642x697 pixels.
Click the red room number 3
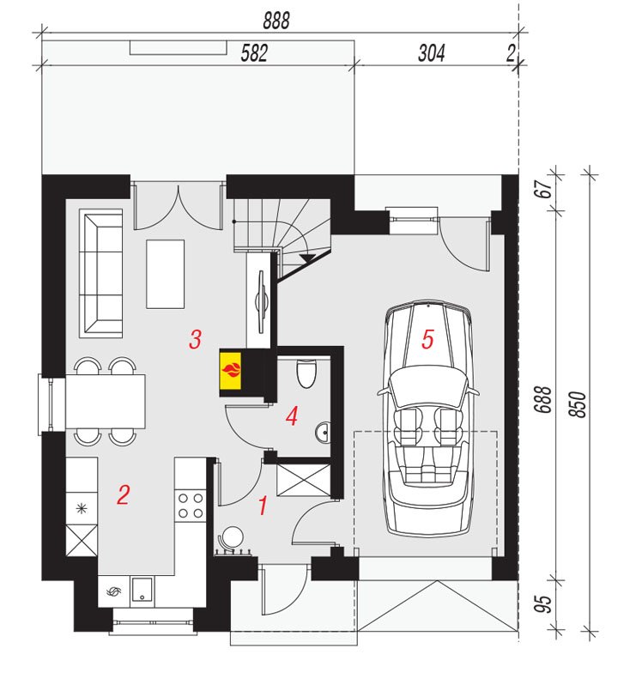coord(195,339)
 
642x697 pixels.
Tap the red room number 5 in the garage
coord(427,339)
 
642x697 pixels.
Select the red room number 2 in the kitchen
coord(123,494)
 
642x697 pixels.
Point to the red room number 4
coord(292,416)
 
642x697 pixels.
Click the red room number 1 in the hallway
coord(263,506)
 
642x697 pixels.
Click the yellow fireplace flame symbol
coord(230,370)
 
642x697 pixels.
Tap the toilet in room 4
coord(306,373)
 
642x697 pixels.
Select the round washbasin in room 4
coord(323,432)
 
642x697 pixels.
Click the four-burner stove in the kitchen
coord(191,506)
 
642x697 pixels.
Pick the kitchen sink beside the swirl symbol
coord(142,591)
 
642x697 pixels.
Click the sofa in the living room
coord(101,273)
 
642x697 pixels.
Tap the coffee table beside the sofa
coord(166,274)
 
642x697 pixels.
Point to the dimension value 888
coord(276,21)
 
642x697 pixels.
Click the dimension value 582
coord(254,53)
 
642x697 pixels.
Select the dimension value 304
coord(431,53)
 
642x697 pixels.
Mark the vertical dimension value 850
coord(578,404)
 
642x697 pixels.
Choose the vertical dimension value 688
coord(542,400)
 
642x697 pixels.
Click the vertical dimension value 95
coord(542,603)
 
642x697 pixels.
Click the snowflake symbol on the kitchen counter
coord(82,508)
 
